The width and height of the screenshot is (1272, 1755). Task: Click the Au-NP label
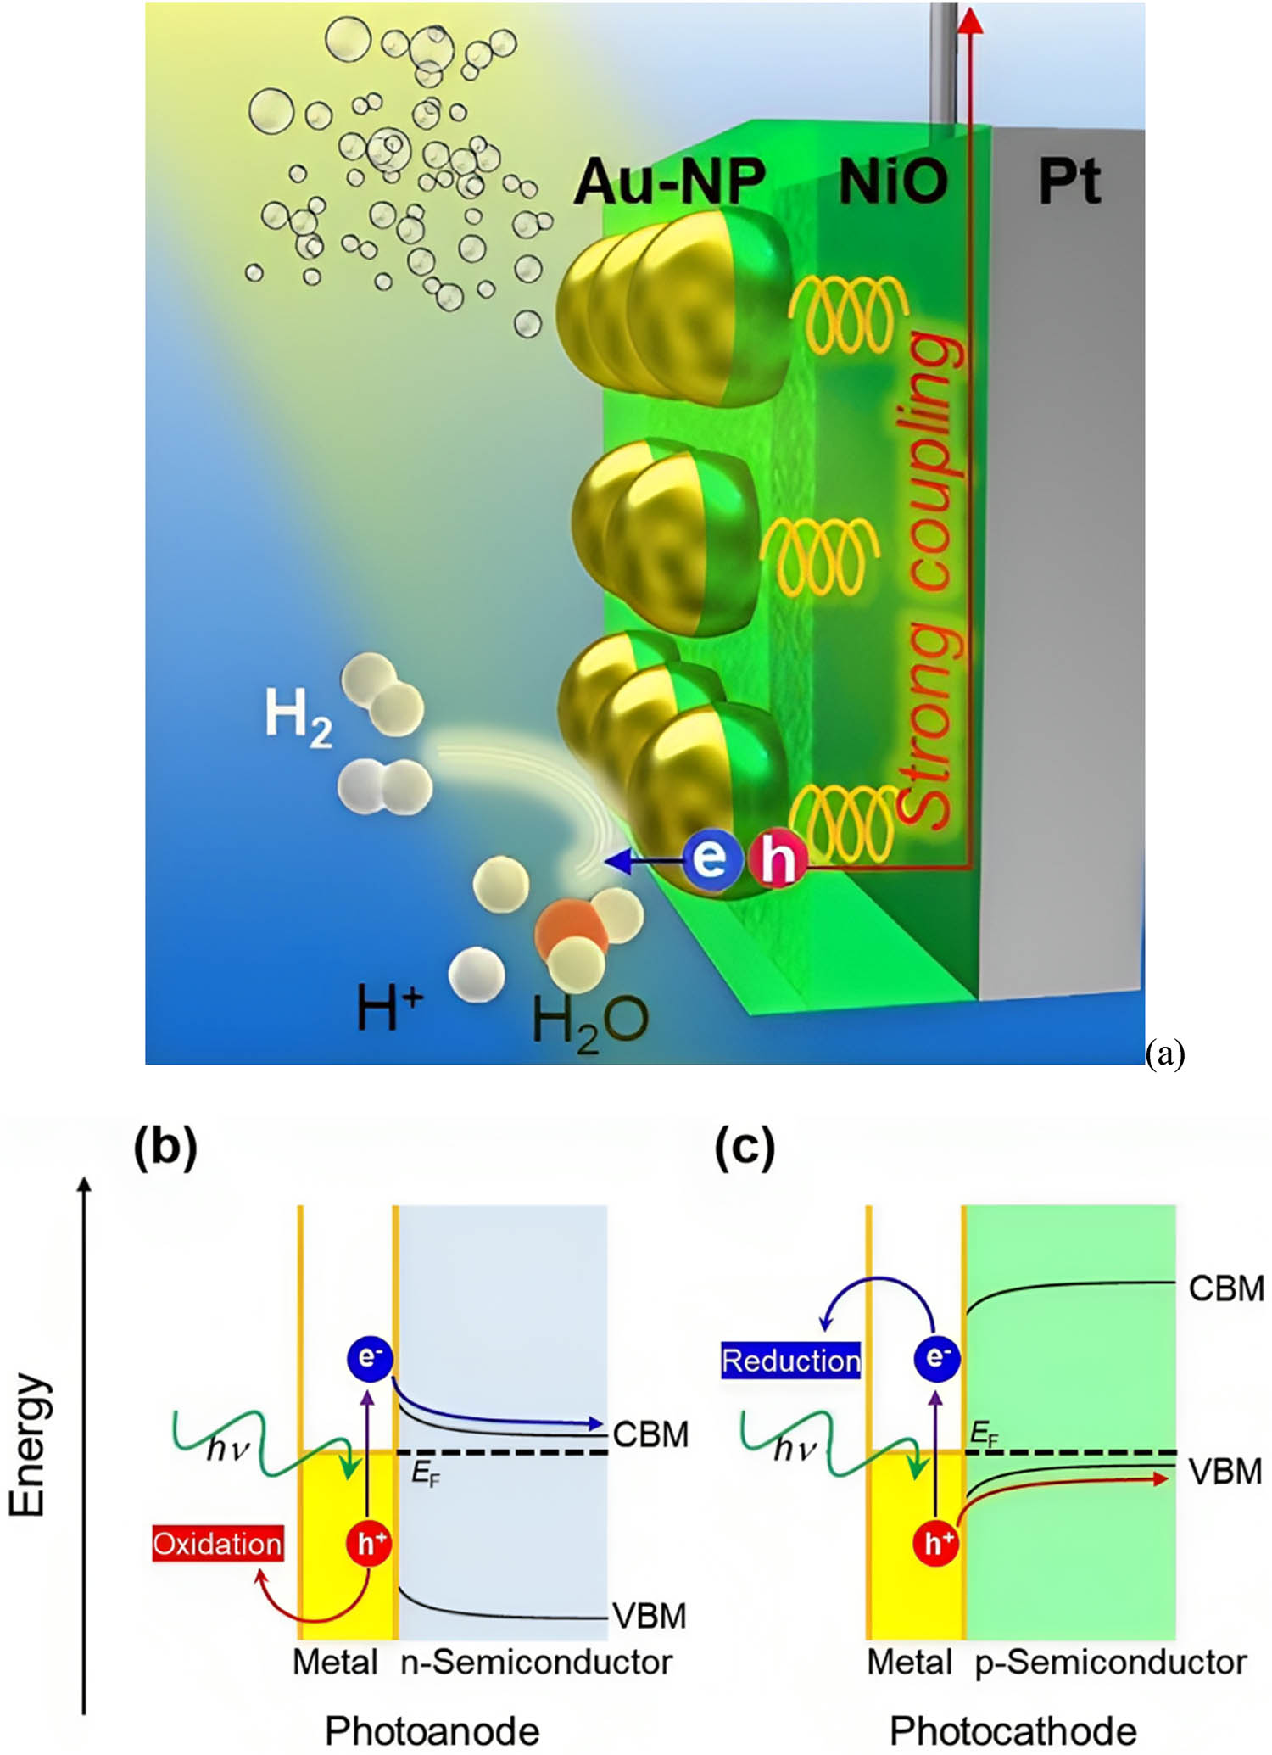(x=669, y=182)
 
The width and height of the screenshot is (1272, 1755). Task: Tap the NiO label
(x=893, y=182)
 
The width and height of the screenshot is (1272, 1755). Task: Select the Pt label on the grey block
(x=1069, y=182)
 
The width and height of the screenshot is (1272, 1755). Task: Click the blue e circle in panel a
(x=710, y=858)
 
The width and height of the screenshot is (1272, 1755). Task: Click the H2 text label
(x=298, y=718)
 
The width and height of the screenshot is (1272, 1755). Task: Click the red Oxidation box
(x=217, y=1543)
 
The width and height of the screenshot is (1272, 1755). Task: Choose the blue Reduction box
(x=790, y=1361)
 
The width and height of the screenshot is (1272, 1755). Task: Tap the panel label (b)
(x=165, y=1148)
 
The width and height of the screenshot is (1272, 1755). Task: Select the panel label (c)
(x=745, y=1148)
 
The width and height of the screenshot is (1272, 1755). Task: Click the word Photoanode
(x=432, y=1730)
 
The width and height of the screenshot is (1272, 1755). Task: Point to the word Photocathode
(x=1013, y=1730)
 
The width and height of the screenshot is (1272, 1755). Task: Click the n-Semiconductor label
(x=536, y=1662)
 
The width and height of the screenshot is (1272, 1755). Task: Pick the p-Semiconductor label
(x=1110, y=1662)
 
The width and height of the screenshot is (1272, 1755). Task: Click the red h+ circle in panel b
(x=368, y=1543)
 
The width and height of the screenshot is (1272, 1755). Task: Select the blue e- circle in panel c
(x=936, y=1358)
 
